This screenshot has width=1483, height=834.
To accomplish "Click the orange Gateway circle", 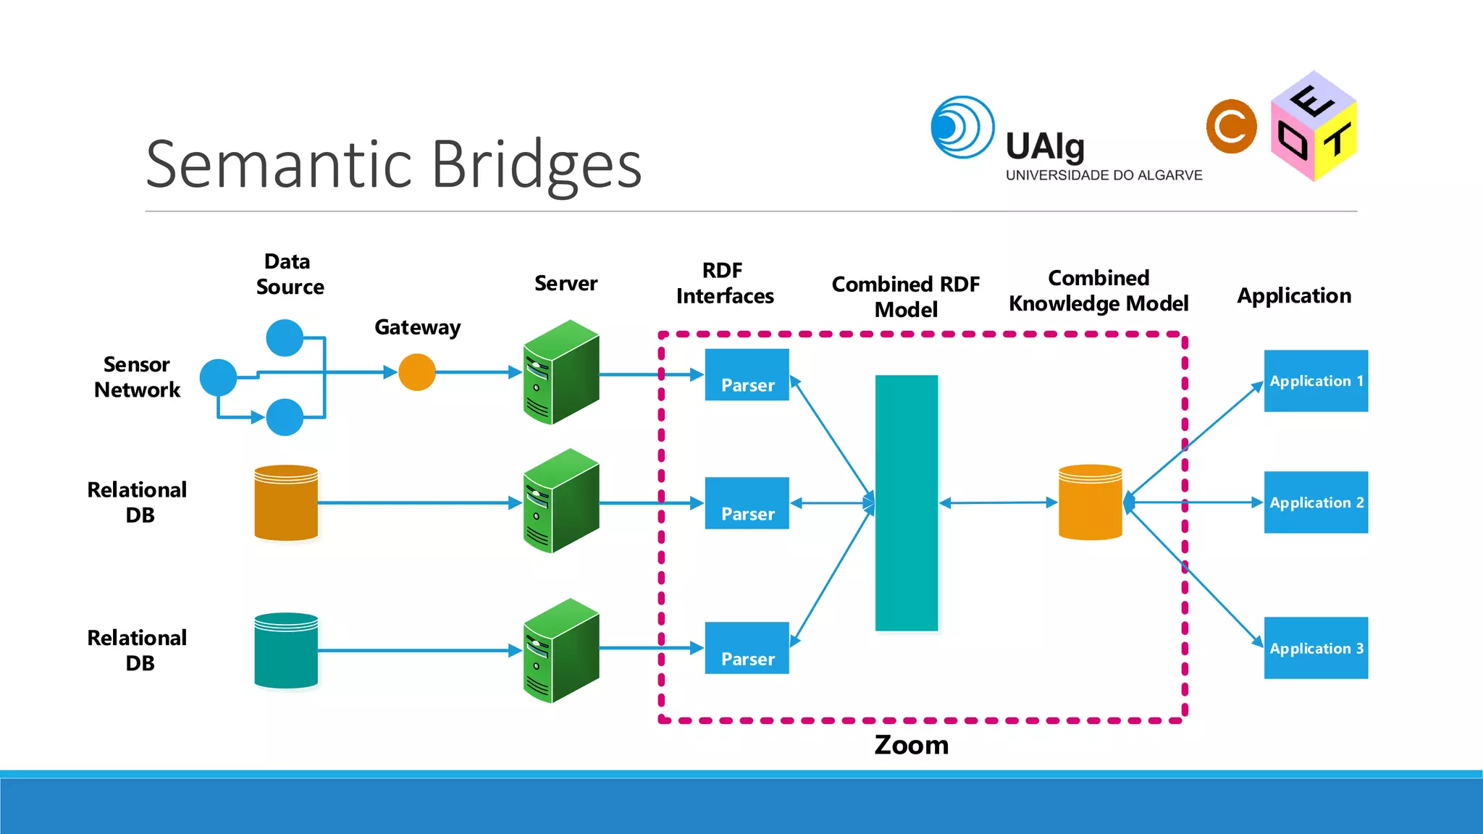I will pyautogui.click(x=417, y=372).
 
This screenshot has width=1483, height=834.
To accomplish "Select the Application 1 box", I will pyautogui.click(x=1316, y=381).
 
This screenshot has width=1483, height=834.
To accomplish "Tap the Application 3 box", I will pyautogui.click(x=1316, y=648).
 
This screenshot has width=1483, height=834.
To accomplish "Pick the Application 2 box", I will pyautogui.click(x=1316, y=502).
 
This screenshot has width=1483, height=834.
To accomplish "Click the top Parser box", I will pyautogui.click(x=747, y=375).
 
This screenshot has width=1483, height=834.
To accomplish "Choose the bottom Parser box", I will pyautogui.click(x=747, y=648).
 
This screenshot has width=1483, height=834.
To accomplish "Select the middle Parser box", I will pyautogui.click(x=747, y=503).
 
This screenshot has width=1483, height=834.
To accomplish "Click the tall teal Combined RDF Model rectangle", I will pyautogui.click(x=906, y=503).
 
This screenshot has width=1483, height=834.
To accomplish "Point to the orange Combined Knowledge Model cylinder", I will pyautogui.click(x=1090, y=502).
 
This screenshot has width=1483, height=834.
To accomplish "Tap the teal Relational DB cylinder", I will pyautogui.click(x=286, y=650).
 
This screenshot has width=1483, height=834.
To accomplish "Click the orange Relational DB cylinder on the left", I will pyautogui.click(x=286, y=502).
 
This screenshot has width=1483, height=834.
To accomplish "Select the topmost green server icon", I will pyautogui.click(x=561, y=372).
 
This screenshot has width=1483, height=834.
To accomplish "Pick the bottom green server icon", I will pyautogui.click(x=561, y=650).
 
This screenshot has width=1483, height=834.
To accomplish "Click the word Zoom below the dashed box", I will pyautogui.click(x=911, y=745).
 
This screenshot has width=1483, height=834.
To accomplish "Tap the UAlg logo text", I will pyautogui.click(x=1045, y=147).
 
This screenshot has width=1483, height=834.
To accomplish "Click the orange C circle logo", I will pyautogui.click(x=1231, y=127).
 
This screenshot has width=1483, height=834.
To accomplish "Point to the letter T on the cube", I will pyautogui.click(x=1338, y=140).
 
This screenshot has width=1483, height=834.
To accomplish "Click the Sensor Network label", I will pyautogui.click(x=137, y=376).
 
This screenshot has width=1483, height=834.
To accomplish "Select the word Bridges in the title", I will pyautogui.click(x=536, y=165).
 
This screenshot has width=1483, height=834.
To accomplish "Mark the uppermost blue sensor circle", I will pyautogui.click(x=285, y=337).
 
